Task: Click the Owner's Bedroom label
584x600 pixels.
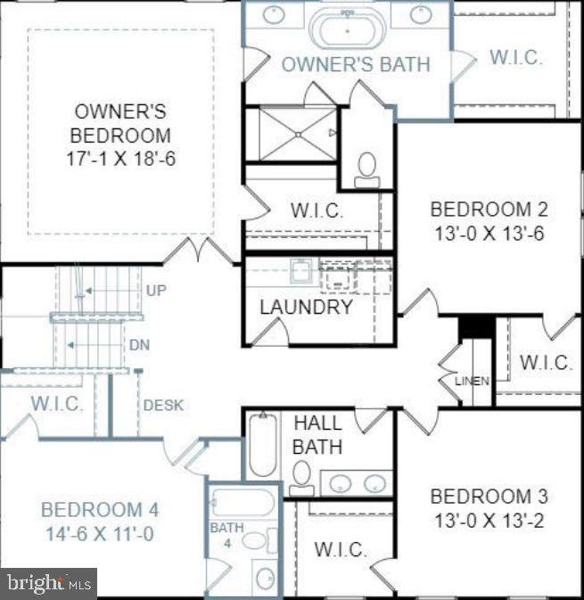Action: (121, 136)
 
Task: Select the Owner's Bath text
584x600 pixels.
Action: (355, 64)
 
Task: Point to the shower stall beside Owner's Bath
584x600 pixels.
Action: (292, 135)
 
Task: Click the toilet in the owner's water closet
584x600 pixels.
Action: (366, 167)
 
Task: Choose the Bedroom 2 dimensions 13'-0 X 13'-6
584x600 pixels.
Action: (488, 234)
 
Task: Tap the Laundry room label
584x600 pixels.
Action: (306, 308)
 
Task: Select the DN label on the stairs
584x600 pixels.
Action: (138, 345)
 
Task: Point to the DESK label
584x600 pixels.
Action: (163, 405)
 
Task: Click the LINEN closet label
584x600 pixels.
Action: (472, 381)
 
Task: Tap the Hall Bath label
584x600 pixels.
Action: (317, 434)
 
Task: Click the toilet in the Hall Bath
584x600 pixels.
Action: (301, 475)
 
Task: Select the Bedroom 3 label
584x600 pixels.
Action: (489, 497)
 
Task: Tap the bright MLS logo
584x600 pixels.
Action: (49, 584)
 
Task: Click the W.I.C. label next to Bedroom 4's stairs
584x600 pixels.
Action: (57, 404)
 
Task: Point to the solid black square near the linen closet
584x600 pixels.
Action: (476, 326)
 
